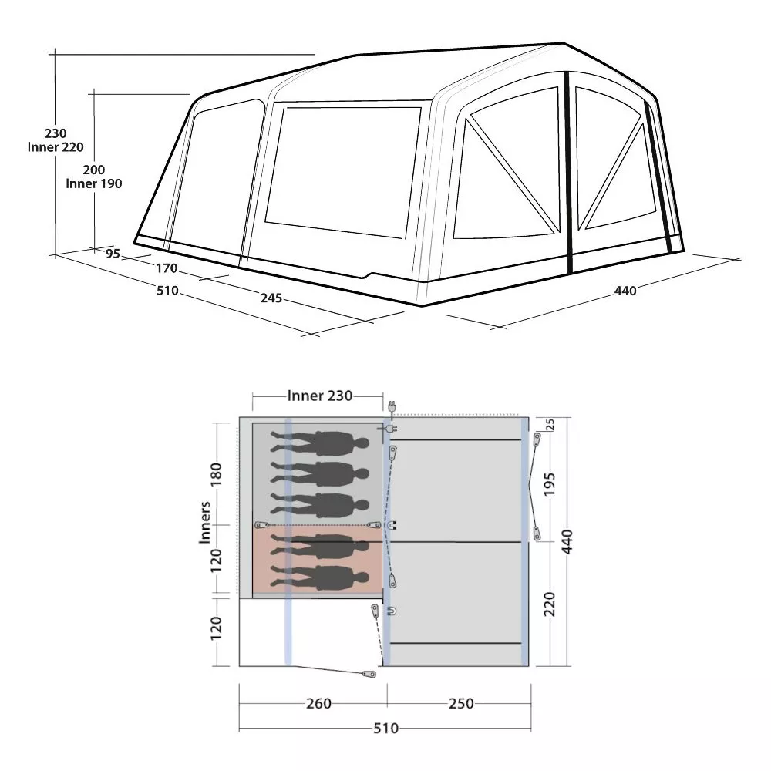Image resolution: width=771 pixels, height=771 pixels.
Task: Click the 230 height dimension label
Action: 56,133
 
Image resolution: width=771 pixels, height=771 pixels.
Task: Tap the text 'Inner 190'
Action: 94,183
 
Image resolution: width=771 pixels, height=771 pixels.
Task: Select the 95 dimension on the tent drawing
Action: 113,253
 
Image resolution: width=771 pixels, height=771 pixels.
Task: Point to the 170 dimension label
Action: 167,268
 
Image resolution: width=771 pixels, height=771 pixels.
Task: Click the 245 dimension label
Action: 271,298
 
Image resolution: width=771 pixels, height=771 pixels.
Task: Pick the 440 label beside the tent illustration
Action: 625,291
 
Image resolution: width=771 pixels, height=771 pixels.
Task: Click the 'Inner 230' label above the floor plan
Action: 320,396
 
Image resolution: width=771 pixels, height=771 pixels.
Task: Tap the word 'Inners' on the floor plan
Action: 204,522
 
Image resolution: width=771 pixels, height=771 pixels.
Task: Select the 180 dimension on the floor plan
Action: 217,474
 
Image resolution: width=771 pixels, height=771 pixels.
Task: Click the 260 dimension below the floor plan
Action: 318,704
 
